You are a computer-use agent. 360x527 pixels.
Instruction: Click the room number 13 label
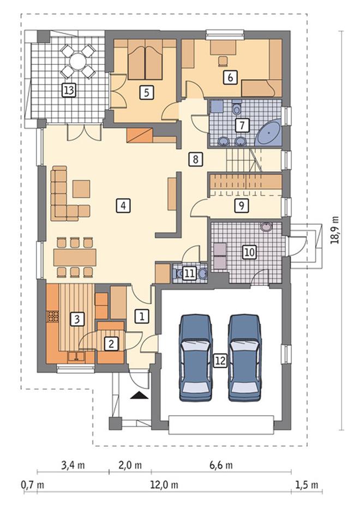point(69,90)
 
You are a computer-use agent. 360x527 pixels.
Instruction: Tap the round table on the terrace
point(77,62)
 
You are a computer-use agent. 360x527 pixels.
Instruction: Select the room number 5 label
point(147,92)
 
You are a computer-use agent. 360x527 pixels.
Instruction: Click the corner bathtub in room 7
point(269,133)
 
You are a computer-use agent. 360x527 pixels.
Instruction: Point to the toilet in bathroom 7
point(237,107)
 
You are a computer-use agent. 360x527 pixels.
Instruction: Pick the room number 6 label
point(230,77)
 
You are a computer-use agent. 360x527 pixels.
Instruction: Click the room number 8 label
point(196,159)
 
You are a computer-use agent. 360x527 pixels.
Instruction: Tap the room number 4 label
point(123,205)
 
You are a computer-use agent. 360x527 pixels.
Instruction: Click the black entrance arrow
point(140,395)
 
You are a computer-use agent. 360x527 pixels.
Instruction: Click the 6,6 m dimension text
point(221,465)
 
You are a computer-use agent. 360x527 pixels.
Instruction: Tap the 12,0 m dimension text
point(164,484)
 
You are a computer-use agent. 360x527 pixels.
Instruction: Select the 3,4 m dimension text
point(73,465)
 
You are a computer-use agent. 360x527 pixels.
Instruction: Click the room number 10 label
point(249,251)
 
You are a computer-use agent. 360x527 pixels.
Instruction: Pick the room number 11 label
point(190,273)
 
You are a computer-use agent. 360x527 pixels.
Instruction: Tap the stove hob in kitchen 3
point(52,316)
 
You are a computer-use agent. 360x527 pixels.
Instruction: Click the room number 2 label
point(111,344)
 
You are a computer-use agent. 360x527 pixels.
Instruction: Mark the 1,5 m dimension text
point(307,484)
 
